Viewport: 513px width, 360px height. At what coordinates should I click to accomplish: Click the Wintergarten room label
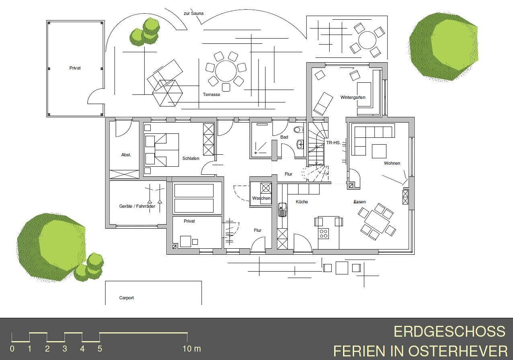click(353, 97)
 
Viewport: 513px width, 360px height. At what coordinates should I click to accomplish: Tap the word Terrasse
click(211, 94)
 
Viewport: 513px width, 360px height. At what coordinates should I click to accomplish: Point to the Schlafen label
click(191, 158)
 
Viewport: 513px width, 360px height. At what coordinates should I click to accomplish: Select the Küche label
click(302, 202)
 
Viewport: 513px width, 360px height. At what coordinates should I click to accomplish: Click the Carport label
click(126, 298)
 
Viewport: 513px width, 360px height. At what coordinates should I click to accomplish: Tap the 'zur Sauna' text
click(193, 13)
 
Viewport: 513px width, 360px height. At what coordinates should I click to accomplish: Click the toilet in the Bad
click(299, 130)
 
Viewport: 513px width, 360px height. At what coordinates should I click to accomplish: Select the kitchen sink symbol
click(282, 209)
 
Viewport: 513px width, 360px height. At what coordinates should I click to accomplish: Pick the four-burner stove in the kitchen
click(323, 233)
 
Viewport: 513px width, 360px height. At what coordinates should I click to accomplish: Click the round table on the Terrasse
click(226, 71)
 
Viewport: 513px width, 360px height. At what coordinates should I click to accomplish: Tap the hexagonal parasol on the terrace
click(167, 93)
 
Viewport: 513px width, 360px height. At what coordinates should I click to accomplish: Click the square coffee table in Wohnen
click(379, 151)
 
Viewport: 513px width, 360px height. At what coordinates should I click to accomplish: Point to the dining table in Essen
click(377, 221)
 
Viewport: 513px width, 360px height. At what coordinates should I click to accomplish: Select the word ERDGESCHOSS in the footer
click(449, 331)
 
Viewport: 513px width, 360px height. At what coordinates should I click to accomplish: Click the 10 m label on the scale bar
click(192, 349)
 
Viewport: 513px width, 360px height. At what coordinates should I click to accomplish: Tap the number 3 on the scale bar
click(65, 349)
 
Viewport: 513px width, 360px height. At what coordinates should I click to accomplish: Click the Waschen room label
click(261, 198)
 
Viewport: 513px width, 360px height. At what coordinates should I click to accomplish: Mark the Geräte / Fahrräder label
click(137, 206)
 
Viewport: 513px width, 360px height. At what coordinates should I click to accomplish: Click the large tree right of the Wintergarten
click(443, 47)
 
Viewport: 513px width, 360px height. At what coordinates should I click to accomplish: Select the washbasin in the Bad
click(300, 145)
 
